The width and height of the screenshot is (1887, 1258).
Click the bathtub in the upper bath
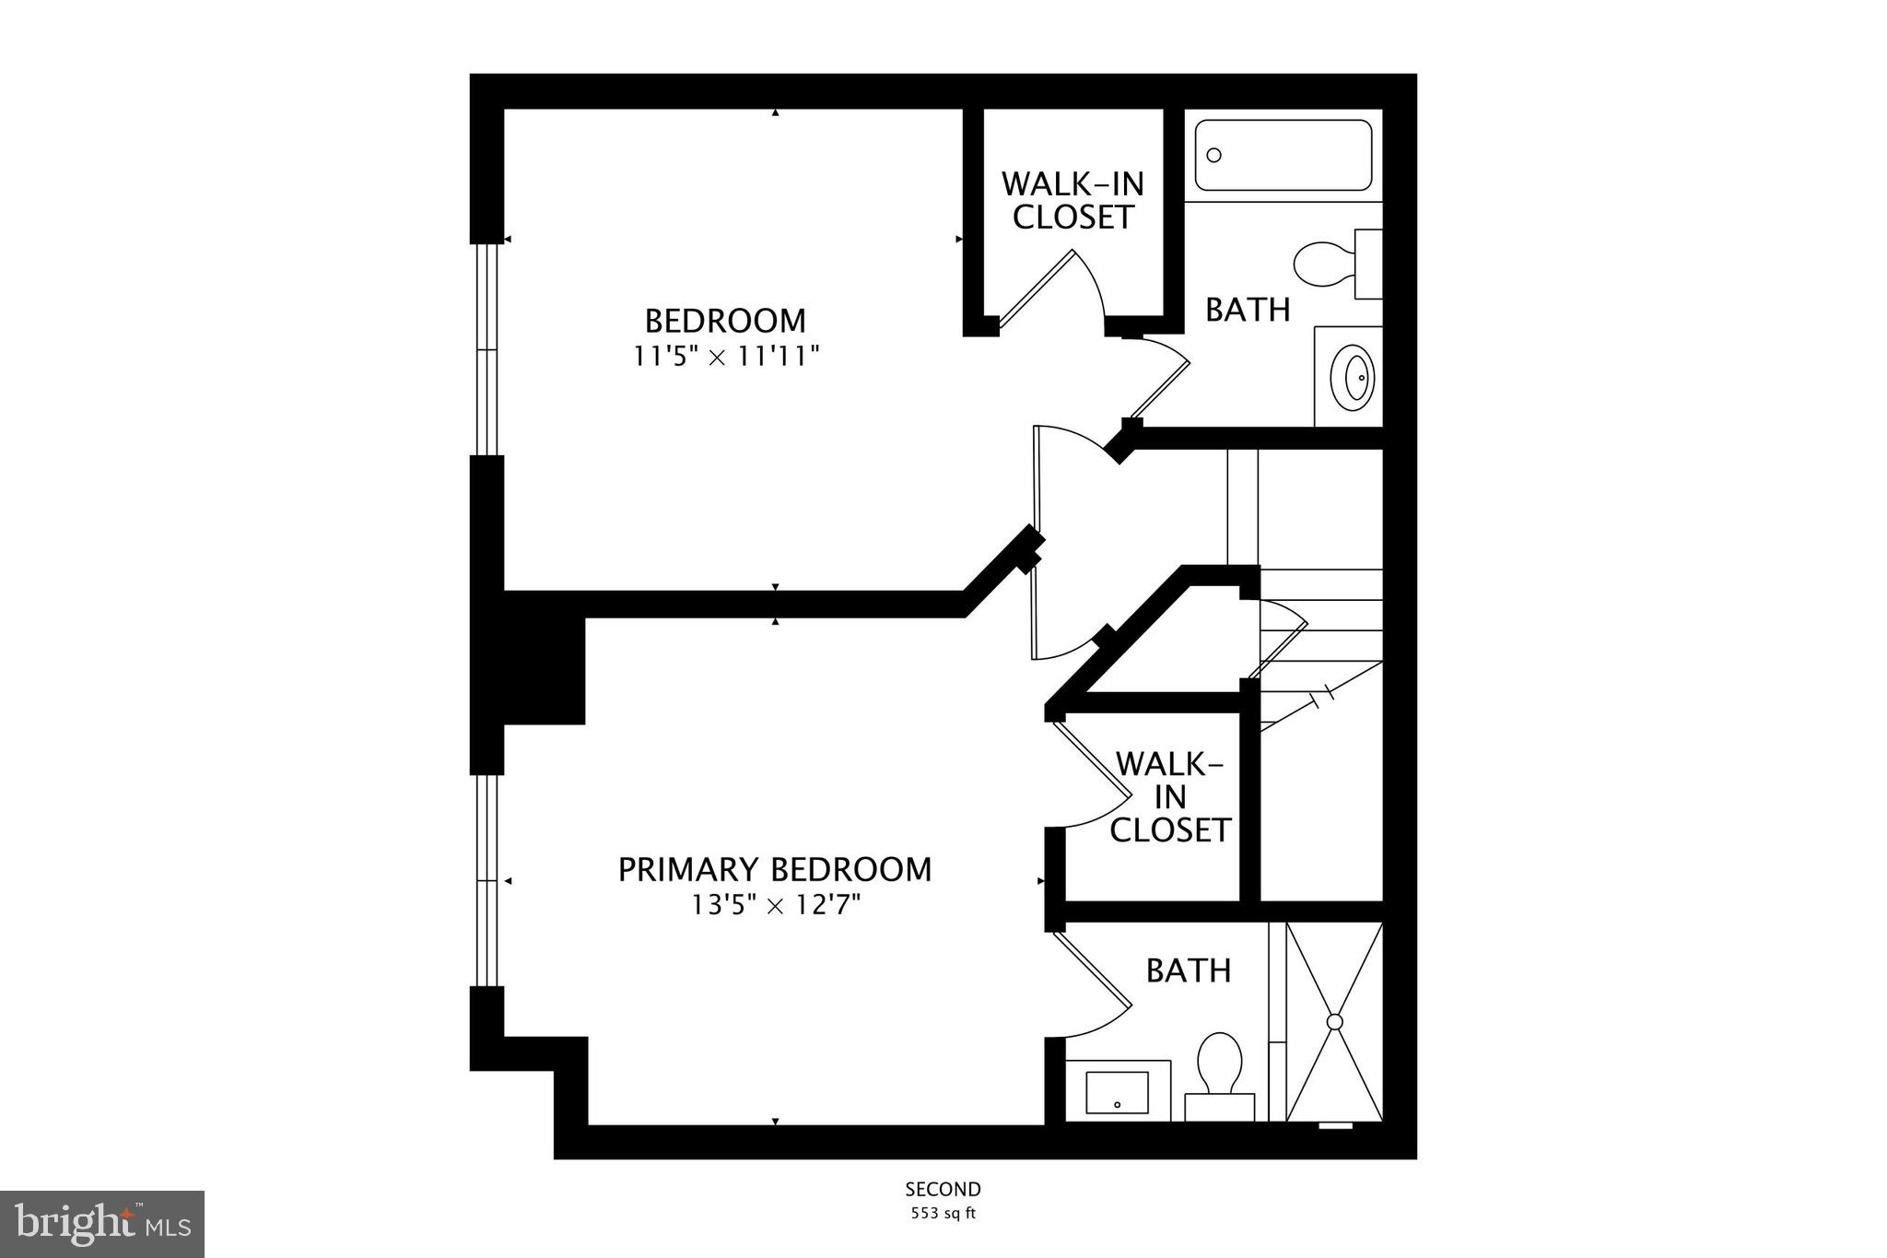click(1283, 155)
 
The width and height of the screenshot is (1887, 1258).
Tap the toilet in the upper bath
click(1327, 265)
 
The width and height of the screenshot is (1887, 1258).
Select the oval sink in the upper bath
click(1356, 377)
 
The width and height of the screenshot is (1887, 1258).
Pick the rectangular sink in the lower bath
click(1117, 1092)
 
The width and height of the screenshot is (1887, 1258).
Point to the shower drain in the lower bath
click(1334, 1021)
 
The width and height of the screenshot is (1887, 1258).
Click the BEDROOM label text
click(725, 321)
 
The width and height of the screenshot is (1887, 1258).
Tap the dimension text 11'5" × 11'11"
click(725, 356)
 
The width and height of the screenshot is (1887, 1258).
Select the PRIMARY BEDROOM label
click(774, 869)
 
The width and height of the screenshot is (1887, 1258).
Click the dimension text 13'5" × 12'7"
click(776, 905)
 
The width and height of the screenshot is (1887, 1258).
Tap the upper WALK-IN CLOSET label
click(1072, 200)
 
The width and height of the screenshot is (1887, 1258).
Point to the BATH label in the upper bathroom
click(1248, 310)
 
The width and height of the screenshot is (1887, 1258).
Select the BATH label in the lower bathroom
click(1189, 970)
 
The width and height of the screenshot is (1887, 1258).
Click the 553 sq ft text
click(943, 1213)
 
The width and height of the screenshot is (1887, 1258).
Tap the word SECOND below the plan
click(943, 1189)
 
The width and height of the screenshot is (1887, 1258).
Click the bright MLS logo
click(102, 1224)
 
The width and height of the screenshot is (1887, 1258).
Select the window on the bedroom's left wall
click(486, 349)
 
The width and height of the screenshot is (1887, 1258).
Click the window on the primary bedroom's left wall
click(486, 880)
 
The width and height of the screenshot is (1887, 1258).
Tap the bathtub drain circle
click(1214, 155)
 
